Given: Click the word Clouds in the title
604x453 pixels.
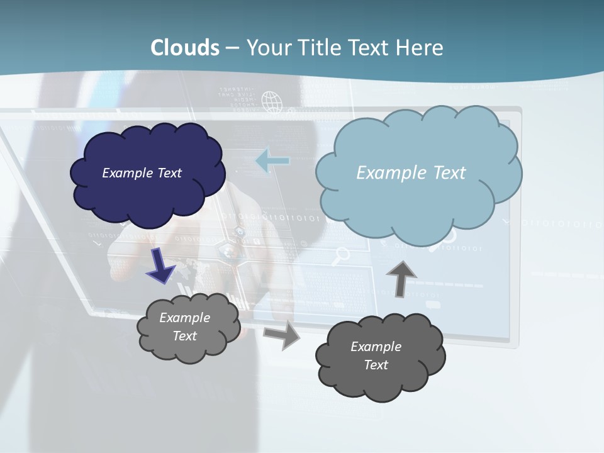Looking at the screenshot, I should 185,48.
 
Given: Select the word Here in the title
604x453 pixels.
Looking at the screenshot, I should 420,48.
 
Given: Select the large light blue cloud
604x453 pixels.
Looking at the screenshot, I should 418,173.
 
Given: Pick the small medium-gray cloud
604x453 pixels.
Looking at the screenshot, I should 187,327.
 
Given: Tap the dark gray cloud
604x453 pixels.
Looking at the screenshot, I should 379,357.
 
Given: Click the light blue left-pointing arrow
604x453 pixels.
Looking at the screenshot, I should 272,160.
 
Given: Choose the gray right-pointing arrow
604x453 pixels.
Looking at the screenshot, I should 282,336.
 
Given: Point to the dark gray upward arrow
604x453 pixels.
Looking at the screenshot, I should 401,277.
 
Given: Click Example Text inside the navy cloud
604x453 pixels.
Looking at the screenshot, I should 142,173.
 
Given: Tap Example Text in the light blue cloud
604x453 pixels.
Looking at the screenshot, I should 411,173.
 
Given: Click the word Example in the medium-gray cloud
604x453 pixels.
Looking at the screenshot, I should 184,318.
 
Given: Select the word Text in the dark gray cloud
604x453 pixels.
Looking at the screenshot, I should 376,365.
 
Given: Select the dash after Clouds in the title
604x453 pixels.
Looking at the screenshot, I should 232,48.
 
